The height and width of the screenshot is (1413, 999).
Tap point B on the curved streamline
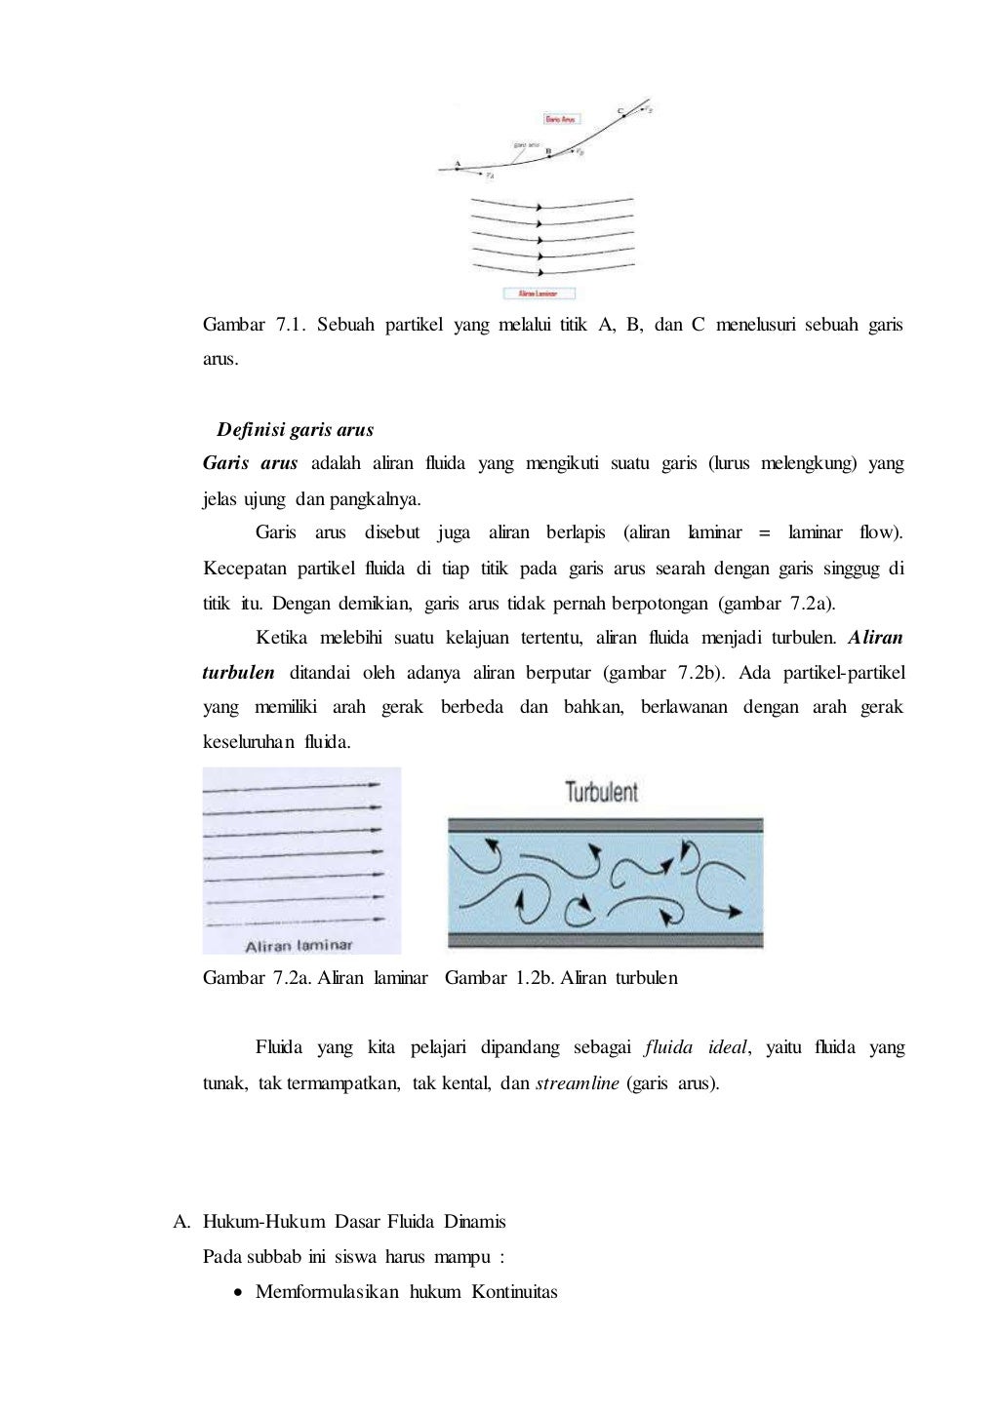[x=548, y=154]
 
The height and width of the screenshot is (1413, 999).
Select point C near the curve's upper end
[x=624, y=114]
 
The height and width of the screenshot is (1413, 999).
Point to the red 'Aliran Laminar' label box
[x=539, y=293]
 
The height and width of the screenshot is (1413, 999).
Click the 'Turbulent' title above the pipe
[x=601, y=791]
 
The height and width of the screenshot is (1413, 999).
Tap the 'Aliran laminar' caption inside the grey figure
[x=299, y=945]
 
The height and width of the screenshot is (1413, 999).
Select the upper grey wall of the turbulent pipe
[x=605, y=825]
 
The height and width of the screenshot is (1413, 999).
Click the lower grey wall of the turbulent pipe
[x=605, y=941]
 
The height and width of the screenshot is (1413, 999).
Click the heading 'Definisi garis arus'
[x=295, y=430]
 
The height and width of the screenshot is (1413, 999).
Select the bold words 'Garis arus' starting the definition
[x=250, y=463]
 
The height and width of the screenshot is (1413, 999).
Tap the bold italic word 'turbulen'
[x=238, y=673]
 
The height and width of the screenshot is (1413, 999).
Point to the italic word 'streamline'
[x=577, y=1083]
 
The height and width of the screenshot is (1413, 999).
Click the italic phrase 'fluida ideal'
[x=696, y=1047]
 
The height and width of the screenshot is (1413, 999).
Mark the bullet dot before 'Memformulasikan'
[x=238, y=1293]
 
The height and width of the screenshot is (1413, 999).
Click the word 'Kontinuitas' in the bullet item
[x=514, y=1292]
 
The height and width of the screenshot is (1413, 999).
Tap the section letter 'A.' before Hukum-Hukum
[x=180, y=1222]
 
